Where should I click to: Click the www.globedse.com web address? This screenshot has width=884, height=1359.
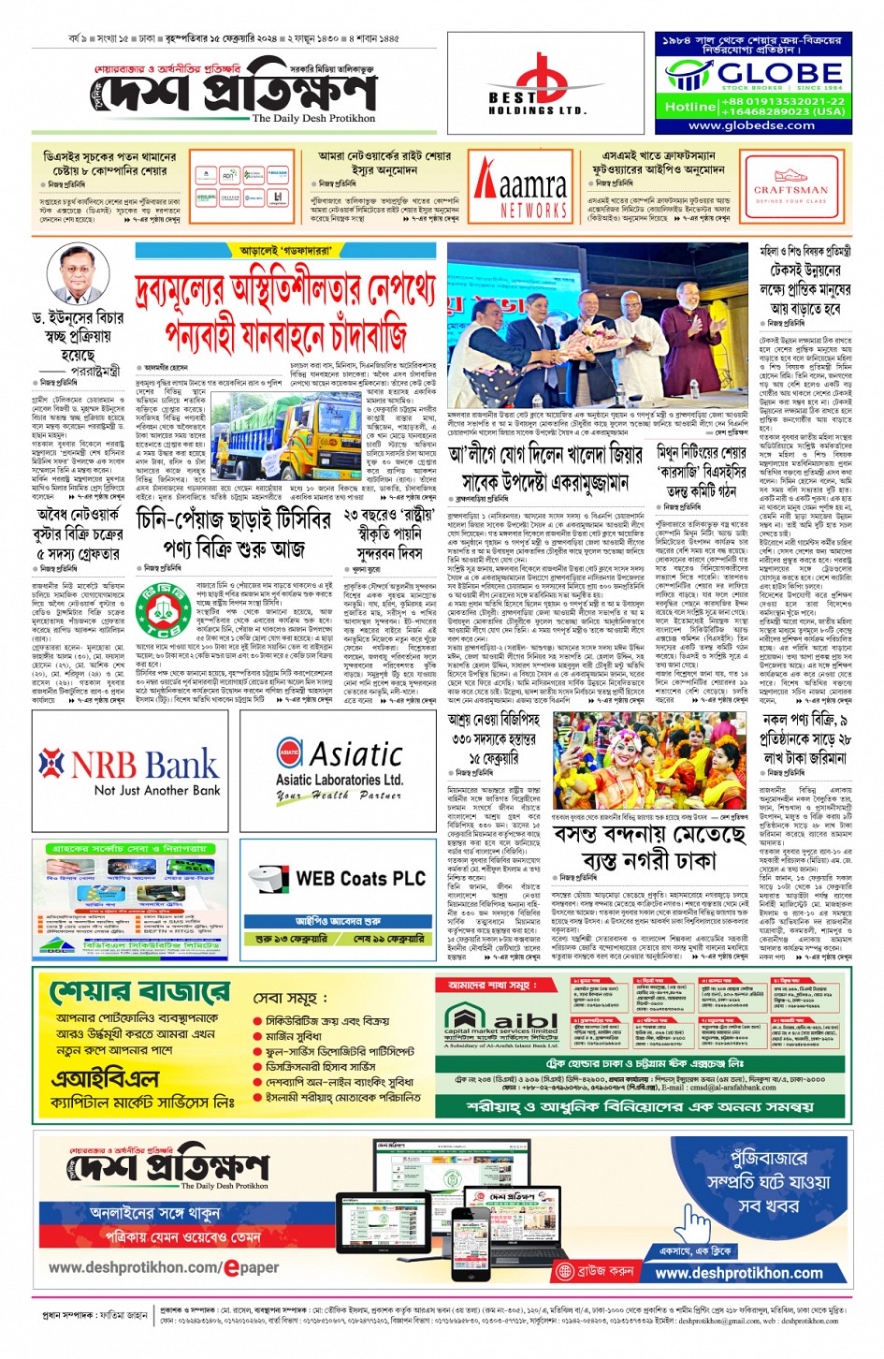click(x=751, y=125)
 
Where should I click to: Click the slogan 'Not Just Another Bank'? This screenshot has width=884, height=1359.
click(x=156, y=791)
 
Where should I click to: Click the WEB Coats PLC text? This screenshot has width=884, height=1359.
click(x=360, y=878)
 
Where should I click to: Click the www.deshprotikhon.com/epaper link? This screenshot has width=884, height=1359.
click(x=164, y=1267)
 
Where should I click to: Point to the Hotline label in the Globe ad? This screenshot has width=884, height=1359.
click(x=689, y=107)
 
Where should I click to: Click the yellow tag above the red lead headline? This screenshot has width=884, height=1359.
click(x=284, y=251)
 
